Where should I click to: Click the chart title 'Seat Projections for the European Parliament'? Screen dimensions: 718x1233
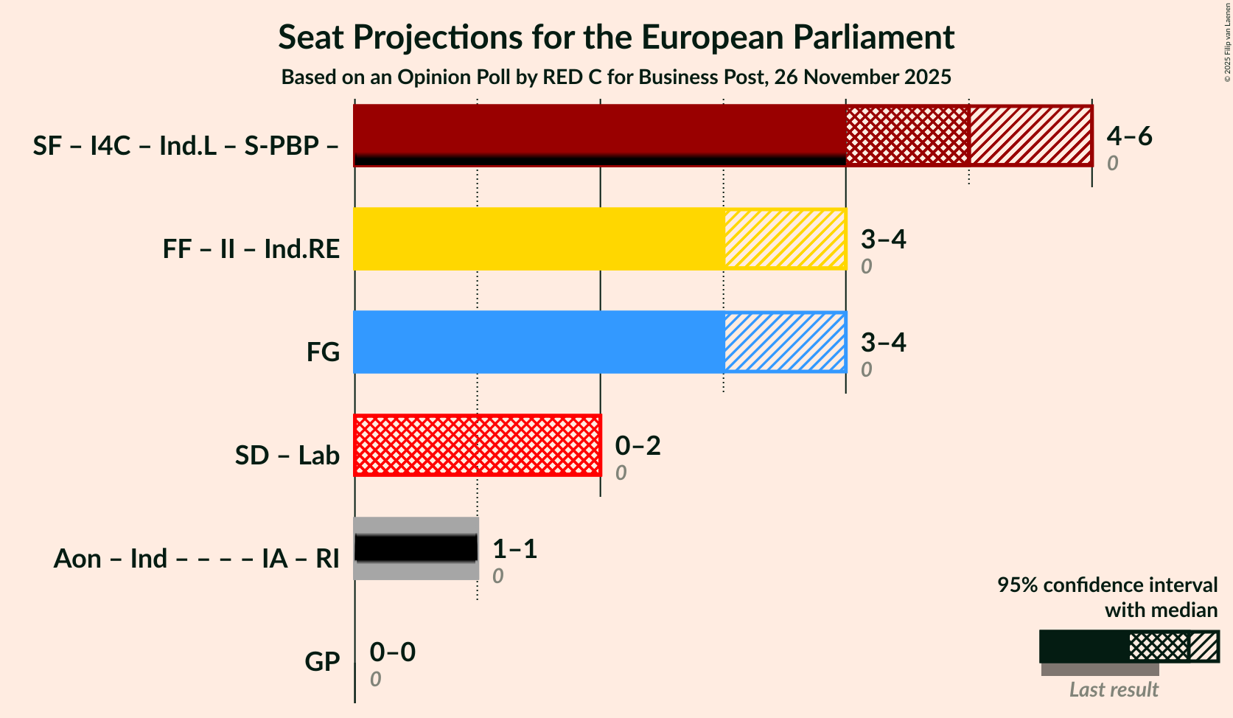click(x=616, y=37)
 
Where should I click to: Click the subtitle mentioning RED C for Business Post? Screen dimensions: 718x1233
click(x=616, y=77)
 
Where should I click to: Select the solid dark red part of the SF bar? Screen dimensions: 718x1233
click(x=599, y=130)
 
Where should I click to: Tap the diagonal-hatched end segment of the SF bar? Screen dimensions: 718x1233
click(x=1030, y=136)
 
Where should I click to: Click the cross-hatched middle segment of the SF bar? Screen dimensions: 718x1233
click(x=907, y=136)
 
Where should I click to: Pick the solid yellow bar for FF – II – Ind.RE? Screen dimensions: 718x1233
click(x=539, y=239)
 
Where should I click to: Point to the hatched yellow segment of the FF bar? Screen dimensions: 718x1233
click(x=784, y=239)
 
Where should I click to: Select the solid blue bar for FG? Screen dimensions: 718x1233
click(x=539, y=342)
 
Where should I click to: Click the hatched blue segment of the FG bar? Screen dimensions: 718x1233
click(x=784, y=342)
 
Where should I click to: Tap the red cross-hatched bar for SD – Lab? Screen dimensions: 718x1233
click(x=478, y=445)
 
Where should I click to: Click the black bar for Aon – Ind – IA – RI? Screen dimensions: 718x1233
click(x=416, y=548)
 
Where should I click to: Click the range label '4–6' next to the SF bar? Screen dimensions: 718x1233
click(x=1129, y=136)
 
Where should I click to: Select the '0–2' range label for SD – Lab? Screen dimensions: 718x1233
click(x=638, y=445)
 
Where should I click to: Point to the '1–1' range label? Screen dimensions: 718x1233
click(x=514, y=548)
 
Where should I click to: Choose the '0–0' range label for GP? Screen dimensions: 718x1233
click(x=392, y=652)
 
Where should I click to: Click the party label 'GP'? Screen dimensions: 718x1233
click(x=322, y=661)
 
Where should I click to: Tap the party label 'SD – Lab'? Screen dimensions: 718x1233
click(x=287, y=455)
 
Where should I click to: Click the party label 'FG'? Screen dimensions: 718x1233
click(x=323, y=352)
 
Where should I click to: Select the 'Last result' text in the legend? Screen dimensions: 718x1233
click(x=1114, y=689)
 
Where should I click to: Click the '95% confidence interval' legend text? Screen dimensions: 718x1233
click(x=1107, y=585)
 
